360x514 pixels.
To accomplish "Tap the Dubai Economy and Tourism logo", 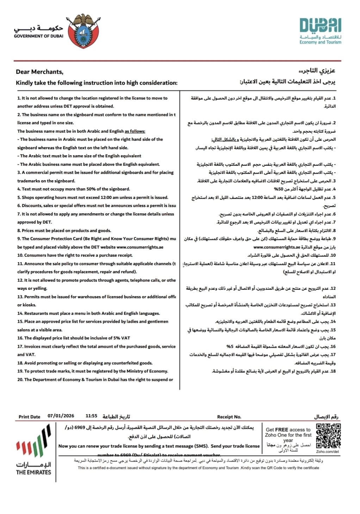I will (x=320, y=31).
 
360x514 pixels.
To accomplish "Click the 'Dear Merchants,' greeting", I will (x=39, y=72).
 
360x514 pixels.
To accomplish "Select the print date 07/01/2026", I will (x=61, y=416).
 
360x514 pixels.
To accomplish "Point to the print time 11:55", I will (x=91, y=416).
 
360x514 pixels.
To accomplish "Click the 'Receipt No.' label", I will (x=229, y=417).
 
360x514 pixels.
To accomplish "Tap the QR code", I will (x=328, y=436).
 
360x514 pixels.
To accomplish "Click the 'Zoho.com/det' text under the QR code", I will (x=328, y=451).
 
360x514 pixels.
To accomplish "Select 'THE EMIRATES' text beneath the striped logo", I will (x=33, y=472).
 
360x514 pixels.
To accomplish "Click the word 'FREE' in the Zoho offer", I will (x=282, y=430).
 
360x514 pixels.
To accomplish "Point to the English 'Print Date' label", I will (x=30, y=417).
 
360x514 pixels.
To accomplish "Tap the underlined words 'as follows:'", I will (x=135, y=131).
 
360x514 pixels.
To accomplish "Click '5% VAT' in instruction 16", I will (x=122, y=338).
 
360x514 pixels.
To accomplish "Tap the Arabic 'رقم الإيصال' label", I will (x=326, y=416).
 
